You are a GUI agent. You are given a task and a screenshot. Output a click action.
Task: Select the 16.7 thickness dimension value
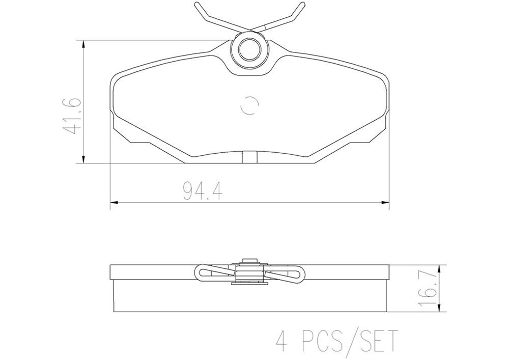[x=428, y=288]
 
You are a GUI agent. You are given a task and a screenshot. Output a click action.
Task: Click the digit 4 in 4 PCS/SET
[x=281, y=340]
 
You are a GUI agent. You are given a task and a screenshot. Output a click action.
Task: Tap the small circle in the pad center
[x=249, y=105]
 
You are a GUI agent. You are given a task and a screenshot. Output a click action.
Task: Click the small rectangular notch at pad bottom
[x=248, y=157]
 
